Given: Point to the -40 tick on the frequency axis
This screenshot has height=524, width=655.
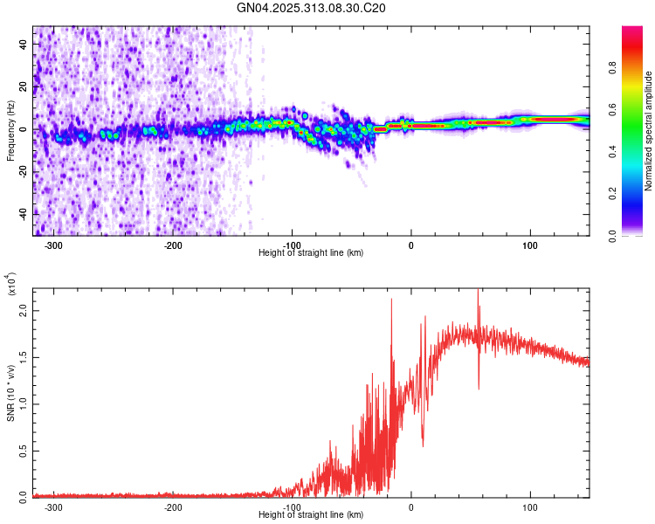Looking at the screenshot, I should point(24,212).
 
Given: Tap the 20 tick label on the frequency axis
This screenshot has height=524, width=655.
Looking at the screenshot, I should point(24,87).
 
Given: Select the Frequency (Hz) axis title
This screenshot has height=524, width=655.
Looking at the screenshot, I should point(10,131).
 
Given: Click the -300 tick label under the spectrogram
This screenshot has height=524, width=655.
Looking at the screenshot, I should point(54,245).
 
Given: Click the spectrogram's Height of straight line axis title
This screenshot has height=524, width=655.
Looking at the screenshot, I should point(311,253).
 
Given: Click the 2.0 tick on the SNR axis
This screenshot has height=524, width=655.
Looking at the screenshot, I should point(24,311).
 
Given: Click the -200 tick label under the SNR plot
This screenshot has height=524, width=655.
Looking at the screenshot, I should point(173,507).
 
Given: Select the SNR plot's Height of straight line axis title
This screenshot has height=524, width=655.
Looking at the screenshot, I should point(311,514).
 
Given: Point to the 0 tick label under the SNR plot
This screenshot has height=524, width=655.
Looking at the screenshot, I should point(411,507).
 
